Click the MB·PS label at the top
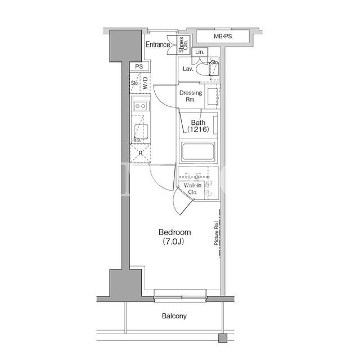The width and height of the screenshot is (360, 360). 223,36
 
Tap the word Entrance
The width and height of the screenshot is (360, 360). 157,44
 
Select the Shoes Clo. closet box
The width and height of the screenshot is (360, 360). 183,44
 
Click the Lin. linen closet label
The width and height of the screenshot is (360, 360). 200,52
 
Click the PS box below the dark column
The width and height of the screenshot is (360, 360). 139,66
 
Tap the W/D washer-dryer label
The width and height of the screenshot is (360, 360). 145,83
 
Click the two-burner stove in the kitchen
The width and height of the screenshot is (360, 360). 141,106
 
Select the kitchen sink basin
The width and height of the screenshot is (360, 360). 141,132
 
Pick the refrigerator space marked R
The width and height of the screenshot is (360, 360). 140,154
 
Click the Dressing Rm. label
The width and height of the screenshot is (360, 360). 191,96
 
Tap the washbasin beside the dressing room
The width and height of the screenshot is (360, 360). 213,96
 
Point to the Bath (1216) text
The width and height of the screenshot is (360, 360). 198,126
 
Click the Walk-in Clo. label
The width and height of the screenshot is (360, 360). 192,189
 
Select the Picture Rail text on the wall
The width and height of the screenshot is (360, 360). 216,233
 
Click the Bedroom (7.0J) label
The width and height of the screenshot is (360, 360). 174,237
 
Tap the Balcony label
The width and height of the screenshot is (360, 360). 174,316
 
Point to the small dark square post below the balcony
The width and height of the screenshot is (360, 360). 223,338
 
